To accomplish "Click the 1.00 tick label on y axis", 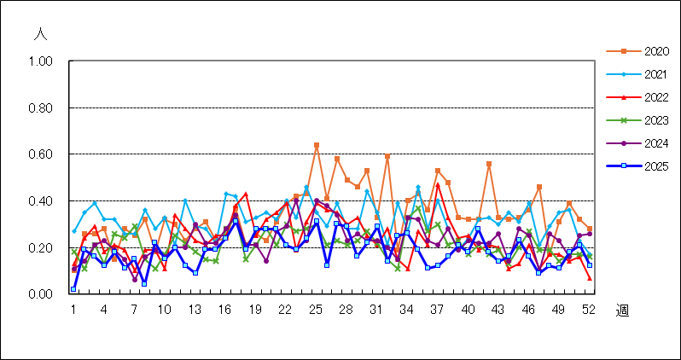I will tap(40, 61).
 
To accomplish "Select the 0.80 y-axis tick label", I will tap(40, 107).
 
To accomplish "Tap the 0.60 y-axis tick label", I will tap(40, 154).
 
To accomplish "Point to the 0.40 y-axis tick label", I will tap(40, 201).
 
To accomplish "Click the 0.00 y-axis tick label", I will tap(40, 294).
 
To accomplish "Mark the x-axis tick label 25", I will tap(317, 310).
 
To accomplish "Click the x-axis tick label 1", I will tap(73, 310).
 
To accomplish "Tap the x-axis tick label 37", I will tap(438, 310).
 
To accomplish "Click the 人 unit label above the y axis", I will tap(40, 35).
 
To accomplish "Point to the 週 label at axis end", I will tap(622, 311).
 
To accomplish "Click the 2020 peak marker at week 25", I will tap(317, 145).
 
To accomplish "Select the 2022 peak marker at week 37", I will tap(438, 184).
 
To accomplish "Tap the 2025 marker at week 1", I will tap(73, 288).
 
